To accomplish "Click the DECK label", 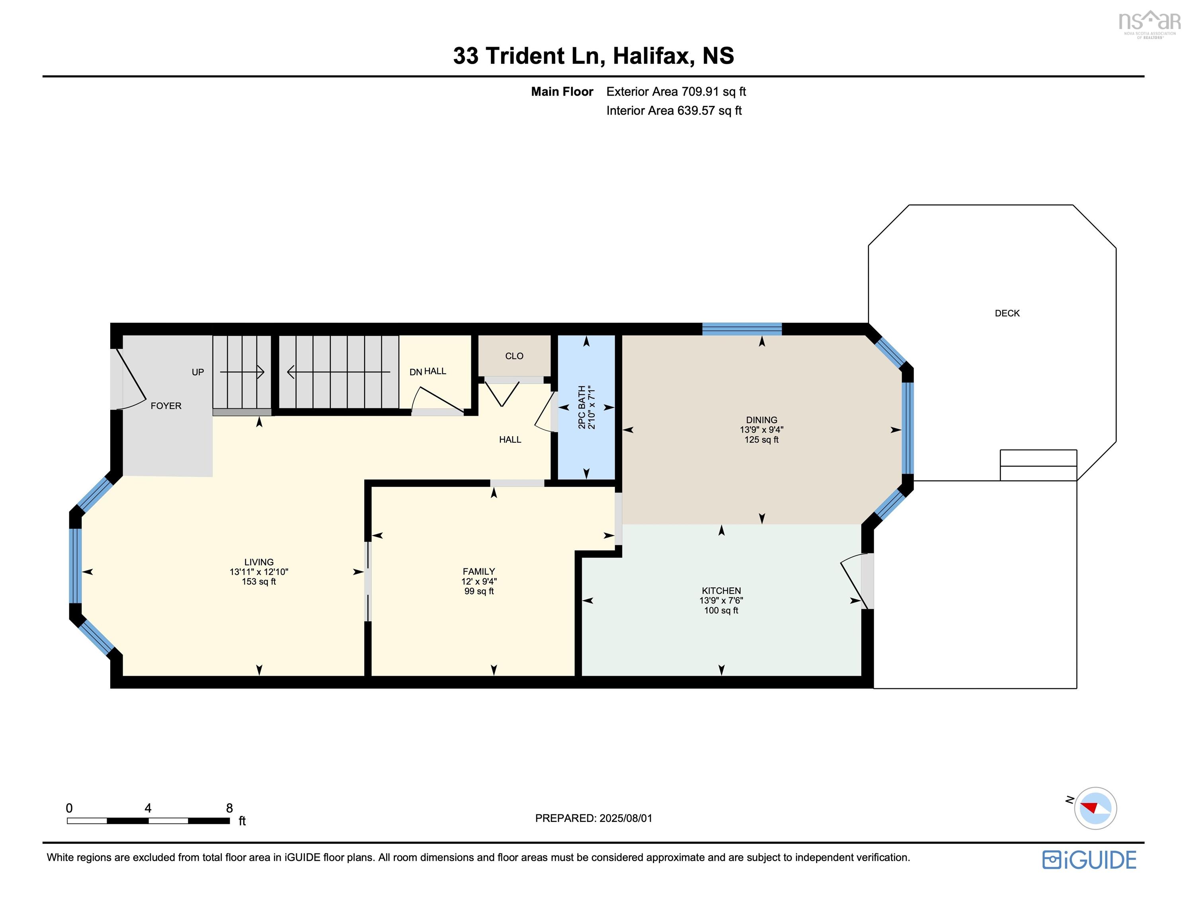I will point(1007,313).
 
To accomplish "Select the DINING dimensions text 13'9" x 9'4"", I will point(761,429).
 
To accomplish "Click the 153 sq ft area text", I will point(259,581).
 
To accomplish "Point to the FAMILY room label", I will point(478,571).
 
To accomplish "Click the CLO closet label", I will point(513,356).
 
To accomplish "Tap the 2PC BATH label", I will point(582,407).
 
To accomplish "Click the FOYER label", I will point(166,406).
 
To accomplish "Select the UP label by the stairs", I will point(197,373).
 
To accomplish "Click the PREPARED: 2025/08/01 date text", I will point(593,818).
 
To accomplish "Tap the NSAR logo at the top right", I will point(1149,23).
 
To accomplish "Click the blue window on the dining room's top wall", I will point(741,329).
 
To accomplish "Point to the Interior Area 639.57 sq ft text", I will point(674,110).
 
